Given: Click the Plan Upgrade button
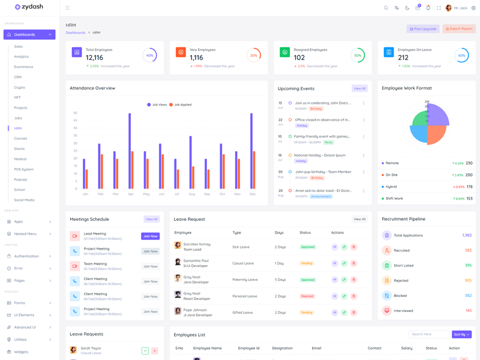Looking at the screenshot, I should (x=423, y=29).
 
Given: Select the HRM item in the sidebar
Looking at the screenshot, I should (x=18, y=128).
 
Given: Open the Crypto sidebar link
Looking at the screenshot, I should (x=20, y=87).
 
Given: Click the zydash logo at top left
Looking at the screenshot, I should (x=29, y=8).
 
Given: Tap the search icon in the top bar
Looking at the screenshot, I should (x=386, y=8).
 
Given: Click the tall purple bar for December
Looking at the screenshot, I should (x=251, y=151).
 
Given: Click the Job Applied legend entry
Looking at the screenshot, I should (x=181, y=104).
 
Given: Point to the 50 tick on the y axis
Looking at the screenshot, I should (x=75, y=113).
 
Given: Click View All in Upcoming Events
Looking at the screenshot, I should (x=359, y=88).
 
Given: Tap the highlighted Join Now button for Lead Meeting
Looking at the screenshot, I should (x=150, y=236).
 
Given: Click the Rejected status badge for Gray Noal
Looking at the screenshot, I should (x=307, y=296).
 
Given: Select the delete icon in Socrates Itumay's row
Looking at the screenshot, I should (x=353, y=247).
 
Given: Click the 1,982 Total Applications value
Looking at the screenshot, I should (x=467, y=235).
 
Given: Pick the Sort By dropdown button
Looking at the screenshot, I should (x=461, y=334).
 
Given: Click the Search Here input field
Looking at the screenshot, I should (x=428, y=334).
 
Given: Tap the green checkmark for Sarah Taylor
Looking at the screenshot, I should (x=145, y=350).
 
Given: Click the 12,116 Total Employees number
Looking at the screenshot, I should (x=95, y=58).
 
